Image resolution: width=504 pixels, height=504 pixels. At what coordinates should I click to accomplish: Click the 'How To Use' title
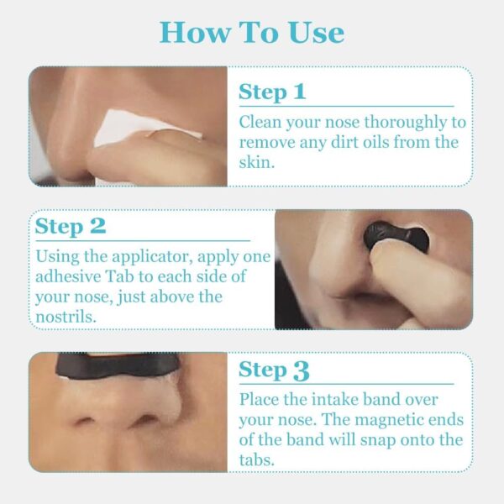tap(252, 33)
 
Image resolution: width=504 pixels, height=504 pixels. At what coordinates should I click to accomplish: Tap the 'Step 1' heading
tap(272, 92)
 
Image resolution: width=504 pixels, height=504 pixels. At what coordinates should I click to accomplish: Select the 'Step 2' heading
tap(71, 226)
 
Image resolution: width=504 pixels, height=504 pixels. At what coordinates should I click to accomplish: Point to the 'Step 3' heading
tap(274, 370)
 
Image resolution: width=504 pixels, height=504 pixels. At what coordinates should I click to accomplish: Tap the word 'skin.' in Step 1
tap(257, 162)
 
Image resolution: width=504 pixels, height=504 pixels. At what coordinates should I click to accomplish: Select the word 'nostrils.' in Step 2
tap(66, 317)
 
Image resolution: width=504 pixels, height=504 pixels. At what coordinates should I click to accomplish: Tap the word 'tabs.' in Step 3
tap(257, 459)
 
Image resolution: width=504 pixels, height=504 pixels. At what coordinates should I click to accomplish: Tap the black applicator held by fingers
tap(396, 235)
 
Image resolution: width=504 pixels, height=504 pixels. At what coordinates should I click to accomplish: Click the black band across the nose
tap(118, 365)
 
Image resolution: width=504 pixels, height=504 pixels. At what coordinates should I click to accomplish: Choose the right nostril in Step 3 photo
tap(145, 420)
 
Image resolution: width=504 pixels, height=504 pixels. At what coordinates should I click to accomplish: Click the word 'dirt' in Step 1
tap(344, 143)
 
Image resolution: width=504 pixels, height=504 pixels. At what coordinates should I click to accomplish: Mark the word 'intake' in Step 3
tap(334, 400)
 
